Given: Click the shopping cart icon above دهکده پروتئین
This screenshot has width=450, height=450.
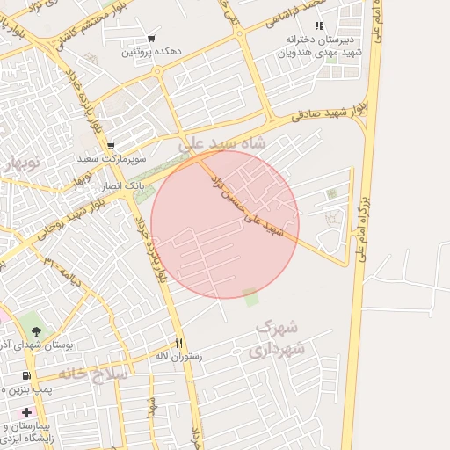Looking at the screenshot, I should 152,39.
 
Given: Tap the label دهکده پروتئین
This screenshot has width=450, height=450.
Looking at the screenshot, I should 152,52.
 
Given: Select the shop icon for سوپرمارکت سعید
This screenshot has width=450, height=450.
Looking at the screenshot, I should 111,146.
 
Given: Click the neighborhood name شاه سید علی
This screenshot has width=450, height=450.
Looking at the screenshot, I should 233,142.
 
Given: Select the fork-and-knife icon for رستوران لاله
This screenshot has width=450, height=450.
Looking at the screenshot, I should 179,343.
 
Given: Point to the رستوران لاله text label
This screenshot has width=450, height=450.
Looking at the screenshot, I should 178,357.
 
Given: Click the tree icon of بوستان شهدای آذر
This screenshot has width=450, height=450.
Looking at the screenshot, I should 35,331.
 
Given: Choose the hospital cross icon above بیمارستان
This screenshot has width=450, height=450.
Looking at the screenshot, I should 27,412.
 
